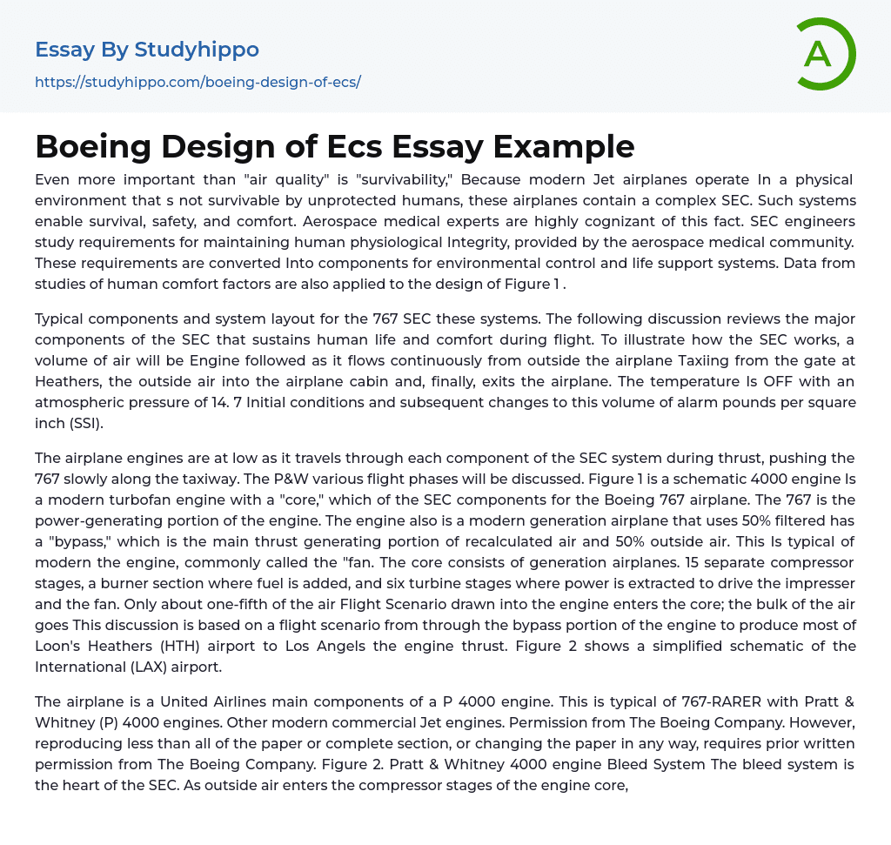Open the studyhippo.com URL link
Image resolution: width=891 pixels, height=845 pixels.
pyautogui.click(x=198, y=83)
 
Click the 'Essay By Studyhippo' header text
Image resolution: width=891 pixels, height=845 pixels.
pyautogui.click(x=147, y=50)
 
